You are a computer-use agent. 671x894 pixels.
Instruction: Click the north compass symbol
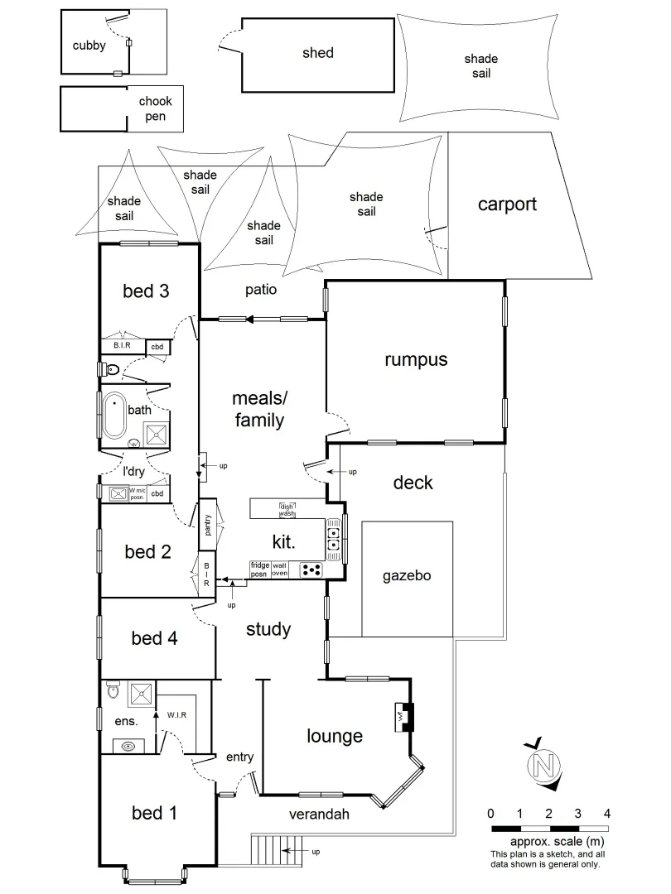pos(543,763)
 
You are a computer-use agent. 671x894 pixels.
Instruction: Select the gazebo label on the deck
pos(406,575)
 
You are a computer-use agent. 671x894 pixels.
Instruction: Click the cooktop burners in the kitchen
pos(311,570)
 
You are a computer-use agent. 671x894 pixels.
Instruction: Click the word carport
pos(507,204)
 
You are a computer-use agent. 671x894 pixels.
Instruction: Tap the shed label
pos(317,53)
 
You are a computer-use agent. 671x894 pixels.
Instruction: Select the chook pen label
pos(156,108)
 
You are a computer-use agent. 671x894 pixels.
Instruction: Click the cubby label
pos(89,46)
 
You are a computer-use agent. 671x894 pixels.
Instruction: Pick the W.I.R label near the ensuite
pos(176,714)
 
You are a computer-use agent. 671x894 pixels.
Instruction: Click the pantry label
pos(208,526)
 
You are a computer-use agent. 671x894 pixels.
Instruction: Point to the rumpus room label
pos(416,359)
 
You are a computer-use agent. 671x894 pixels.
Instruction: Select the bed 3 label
pos(146,291)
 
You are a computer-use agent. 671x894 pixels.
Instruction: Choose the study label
pos(268,629)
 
